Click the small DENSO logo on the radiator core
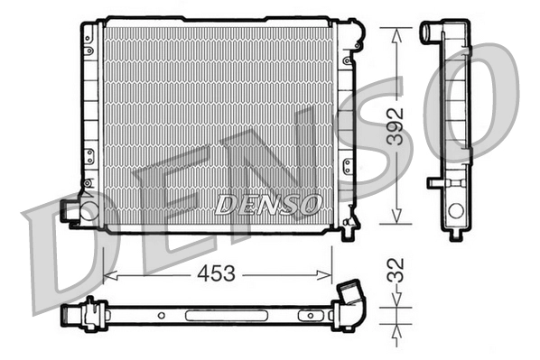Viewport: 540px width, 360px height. point(268,203)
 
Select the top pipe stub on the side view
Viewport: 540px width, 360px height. point(430,32)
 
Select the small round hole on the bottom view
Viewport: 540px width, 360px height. point(160,316)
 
